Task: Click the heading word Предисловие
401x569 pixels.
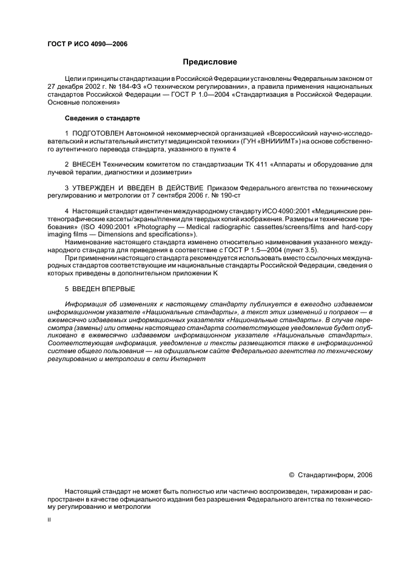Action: [x=210, y=62]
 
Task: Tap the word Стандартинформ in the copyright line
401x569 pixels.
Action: [x=326, y=475]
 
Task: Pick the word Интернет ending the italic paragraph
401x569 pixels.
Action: [x=192, y=359]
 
